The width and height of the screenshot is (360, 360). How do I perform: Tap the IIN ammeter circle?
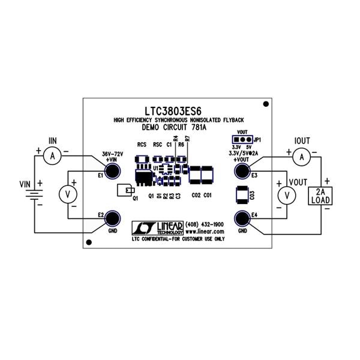coord(52,156)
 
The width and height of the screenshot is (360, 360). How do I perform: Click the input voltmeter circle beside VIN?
coord(68,193)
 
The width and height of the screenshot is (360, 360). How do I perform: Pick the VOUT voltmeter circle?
coord(287,195)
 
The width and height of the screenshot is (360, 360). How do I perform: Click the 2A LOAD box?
coord(319,196)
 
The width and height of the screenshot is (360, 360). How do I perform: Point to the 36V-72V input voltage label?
coord(112,154)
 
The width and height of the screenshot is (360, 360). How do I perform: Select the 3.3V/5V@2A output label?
coord(244,154)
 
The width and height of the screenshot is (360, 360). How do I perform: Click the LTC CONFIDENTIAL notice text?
coord(178,238)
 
